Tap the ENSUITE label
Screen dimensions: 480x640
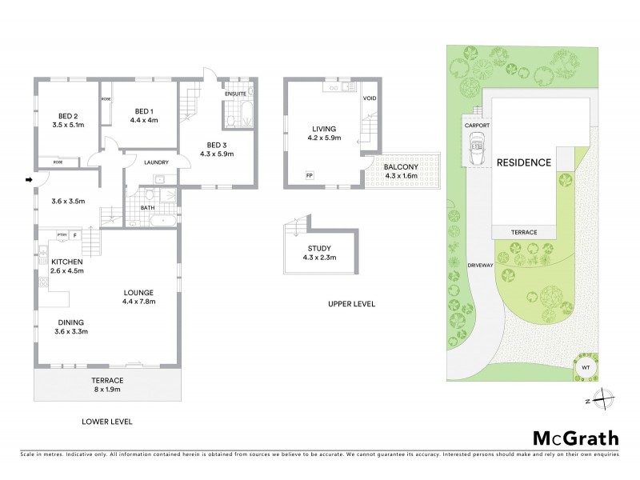(235, 94)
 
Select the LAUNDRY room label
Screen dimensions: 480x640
(155, 162)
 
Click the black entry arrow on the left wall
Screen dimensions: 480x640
(29, 179)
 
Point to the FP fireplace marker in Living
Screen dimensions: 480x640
(308, 174)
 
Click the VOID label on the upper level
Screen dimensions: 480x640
(369, 98)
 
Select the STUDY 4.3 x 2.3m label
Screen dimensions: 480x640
(318, 253)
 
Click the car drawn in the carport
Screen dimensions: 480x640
(478, 148)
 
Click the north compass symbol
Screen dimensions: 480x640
(606, 398)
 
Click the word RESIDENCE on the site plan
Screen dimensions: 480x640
(524, 162)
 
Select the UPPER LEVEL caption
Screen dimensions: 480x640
(351, 305)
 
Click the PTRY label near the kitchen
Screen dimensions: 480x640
(61, 235)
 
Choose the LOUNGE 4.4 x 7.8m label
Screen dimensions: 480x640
(138, 297)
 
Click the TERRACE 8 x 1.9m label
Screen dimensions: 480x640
(106, 384)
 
